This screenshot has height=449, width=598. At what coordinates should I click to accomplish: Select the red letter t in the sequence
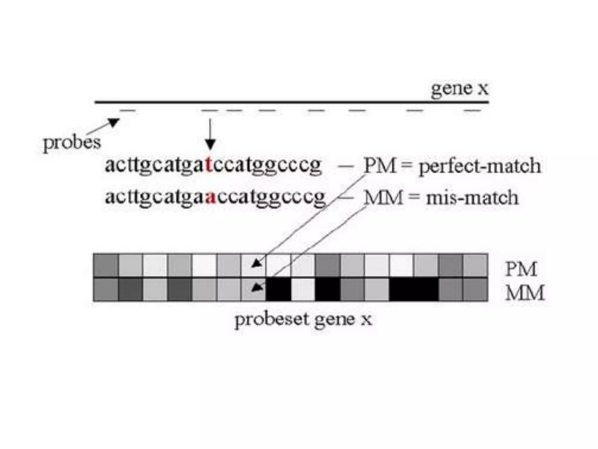[x=208, y=165]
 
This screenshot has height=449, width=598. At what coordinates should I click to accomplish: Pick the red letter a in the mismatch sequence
[x=211, y=197]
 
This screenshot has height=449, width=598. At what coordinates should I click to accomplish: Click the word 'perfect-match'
[x=480, y=166]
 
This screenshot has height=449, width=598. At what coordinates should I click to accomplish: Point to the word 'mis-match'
[x=472, y=198]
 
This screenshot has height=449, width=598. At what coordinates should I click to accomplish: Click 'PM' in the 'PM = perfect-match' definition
[x=380, y=165]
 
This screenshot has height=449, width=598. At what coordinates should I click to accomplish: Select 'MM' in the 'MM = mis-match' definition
[x=383, y=198]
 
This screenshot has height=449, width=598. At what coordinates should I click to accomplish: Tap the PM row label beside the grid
[x=521, y=269]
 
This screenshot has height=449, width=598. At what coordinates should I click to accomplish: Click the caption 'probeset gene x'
[x=303, y=320]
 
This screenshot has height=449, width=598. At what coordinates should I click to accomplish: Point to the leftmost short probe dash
[x=128, y=111]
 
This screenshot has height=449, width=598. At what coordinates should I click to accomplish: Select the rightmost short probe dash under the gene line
[x=472, y=111]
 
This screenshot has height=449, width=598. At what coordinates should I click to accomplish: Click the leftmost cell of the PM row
[x=106, y=265]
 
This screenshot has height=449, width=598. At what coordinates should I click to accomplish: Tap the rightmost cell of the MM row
[x=475, y=289]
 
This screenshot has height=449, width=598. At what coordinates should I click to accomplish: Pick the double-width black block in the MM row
[x=414, y=289]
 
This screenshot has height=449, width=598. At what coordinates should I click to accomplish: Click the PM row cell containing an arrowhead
[x=253, y=265]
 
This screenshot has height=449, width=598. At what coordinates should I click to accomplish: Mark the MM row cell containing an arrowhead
[x=253, y=289]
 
